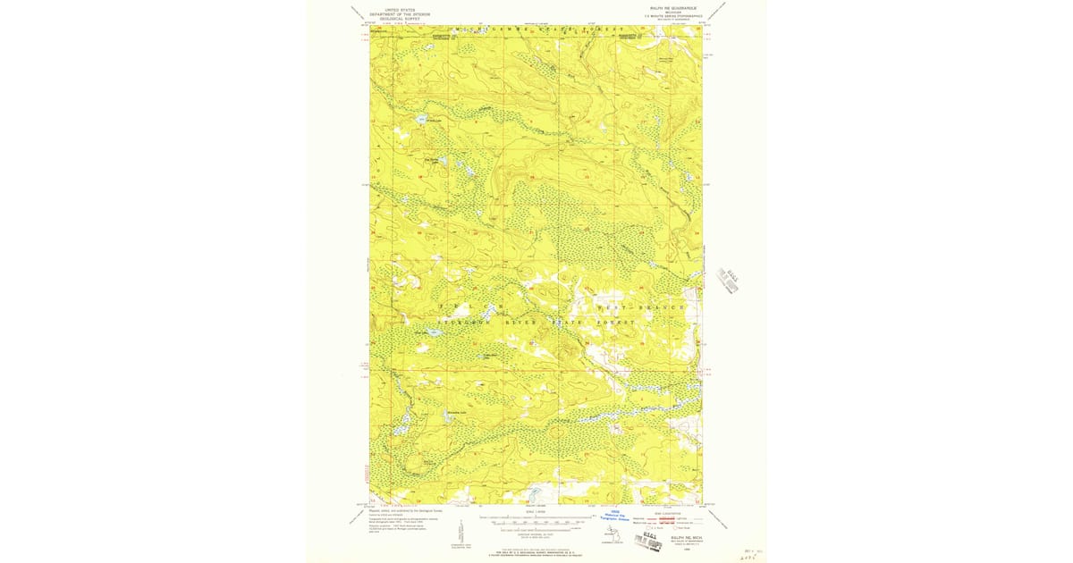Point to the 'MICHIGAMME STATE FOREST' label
[x=539, y=29]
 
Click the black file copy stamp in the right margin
[x=730, y=280]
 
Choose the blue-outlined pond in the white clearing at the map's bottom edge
[x=534, y=493]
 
